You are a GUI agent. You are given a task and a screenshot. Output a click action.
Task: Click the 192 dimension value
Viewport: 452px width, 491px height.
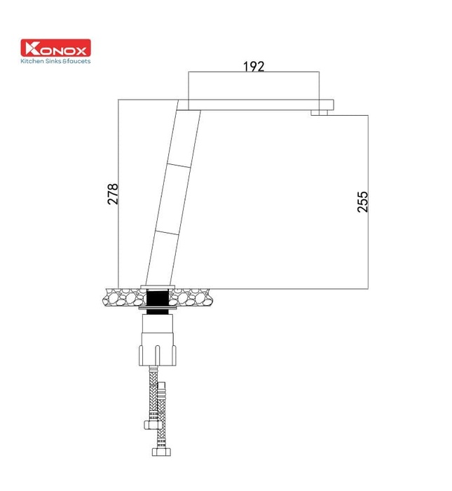254,67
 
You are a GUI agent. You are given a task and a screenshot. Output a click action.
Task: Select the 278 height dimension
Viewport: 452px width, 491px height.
113,194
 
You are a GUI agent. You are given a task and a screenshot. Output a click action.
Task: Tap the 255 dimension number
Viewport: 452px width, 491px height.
362,201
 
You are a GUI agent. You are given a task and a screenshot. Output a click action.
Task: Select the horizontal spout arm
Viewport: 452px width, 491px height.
259,105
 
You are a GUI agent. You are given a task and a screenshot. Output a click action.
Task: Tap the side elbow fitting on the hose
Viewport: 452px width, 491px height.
149,423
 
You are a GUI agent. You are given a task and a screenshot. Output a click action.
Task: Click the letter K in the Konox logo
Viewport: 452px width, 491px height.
32,48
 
